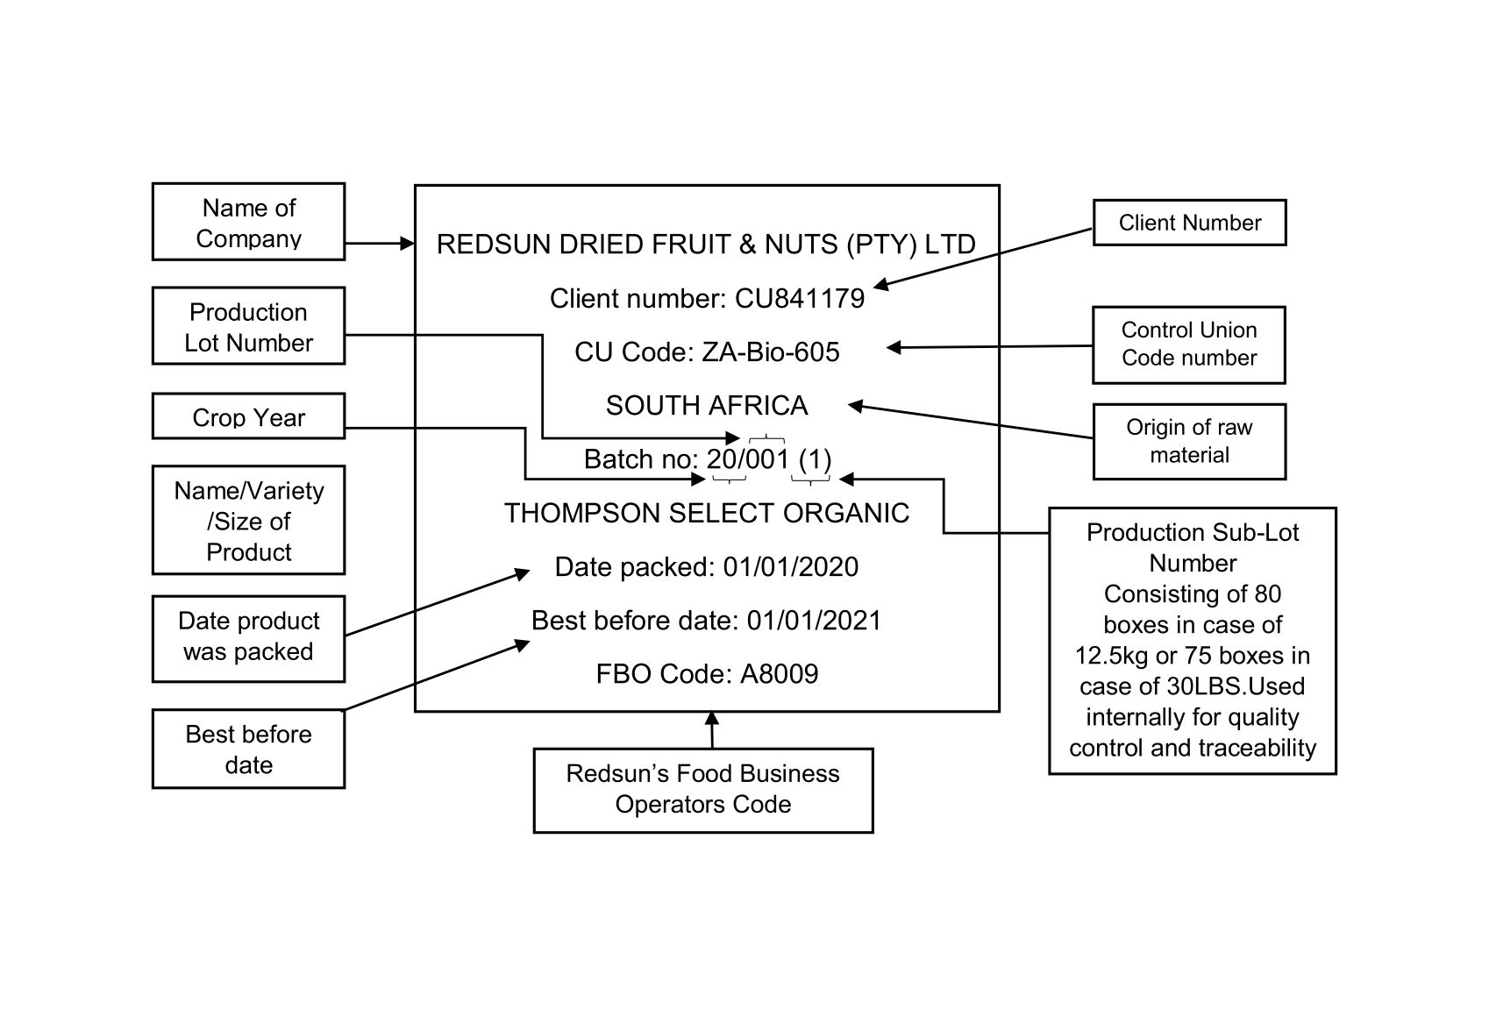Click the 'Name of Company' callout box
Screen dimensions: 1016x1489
[x=248, y=222]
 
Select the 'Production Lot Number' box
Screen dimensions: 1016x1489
[x=248, y=326]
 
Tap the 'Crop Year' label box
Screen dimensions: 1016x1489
[x=248, y=416]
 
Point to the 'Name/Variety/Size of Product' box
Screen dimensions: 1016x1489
[x=248, y=521]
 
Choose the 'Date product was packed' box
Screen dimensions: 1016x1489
[x=248, y=637]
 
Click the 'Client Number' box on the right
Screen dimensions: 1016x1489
[x=1189, y=223]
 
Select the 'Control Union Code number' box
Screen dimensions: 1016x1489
[x=1189, y=345]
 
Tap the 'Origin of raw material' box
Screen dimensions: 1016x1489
[x=1189, y=442]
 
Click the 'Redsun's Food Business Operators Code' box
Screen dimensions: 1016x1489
[x=703, y=790]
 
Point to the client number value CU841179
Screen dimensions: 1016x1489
[x=800, y=299]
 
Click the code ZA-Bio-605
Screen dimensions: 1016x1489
[x=771, y=352]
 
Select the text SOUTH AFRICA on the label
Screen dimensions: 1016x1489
[x=707, y=406]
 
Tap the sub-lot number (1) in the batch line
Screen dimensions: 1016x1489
[x=815, y=459]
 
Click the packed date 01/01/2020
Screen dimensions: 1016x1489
[x=791, y=567]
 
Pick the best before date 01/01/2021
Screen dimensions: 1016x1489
[x=814, y=621]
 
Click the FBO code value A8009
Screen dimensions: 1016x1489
[x=780, y=674]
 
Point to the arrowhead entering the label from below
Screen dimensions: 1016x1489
[x=712, y=717]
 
